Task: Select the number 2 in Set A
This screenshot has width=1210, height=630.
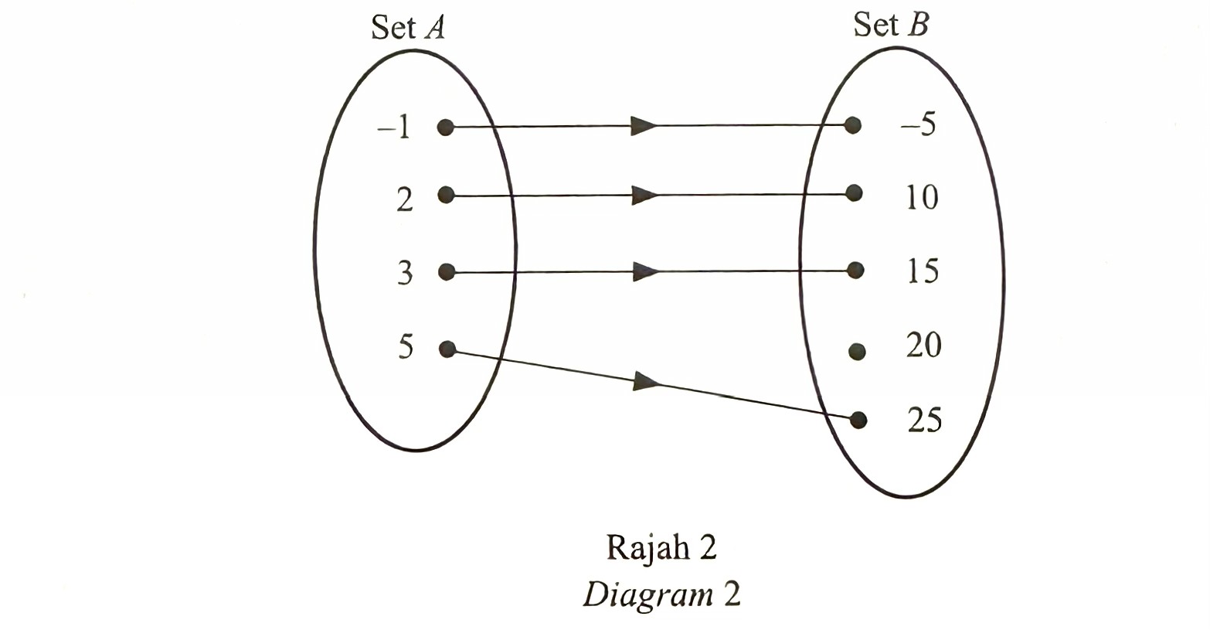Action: [404, 200]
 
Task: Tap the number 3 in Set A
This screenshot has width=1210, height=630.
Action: [405, 274]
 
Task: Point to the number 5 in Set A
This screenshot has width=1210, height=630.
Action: [406, 348]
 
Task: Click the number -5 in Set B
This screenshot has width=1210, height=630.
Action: [918, 124]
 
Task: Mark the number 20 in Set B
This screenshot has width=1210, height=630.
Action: [923, 345]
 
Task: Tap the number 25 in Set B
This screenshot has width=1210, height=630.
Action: [924, 420]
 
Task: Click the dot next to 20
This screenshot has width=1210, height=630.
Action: [856, 352]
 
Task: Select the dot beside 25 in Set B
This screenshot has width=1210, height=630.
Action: [858, 420]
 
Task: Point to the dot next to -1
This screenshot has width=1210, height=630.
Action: [445, 127]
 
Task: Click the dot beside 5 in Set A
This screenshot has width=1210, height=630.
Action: [446, 349]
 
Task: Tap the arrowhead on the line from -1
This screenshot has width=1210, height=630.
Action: [644, 126]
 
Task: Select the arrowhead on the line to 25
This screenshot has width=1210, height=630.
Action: [646, 381]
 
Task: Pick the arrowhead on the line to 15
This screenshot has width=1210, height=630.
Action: [644, 272]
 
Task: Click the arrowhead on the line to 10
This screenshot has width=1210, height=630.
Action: [644, 196]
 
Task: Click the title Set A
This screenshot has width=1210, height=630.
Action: [408, 29]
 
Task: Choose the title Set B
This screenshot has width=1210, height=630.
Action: [891, 26]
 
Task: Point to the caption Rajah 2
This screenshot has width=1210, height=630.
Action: [662, 547]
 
